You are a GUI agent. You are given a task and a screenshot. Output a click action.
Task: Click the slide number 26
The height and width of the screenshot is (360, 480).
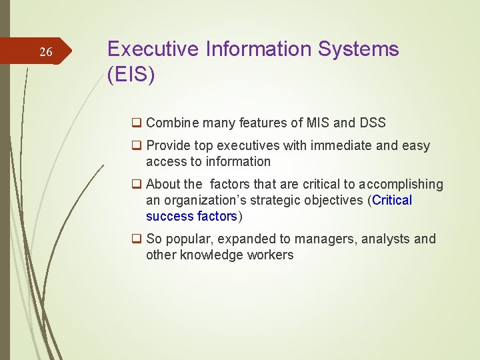45,52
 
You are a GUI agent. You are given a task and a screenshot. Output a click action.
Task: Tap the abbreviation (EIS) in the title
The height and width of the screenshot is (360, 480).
131,75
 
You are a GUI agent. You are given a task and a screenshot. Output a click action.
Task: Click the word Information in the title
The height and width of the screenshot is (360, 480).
256,49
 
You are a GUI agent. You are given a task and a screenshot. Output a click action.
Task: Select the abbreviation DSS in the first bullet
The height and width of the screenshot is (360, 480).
372,123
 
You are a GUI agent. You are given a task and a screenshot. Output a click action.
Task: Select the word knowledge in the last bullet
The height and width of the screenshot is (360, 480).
209,255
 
